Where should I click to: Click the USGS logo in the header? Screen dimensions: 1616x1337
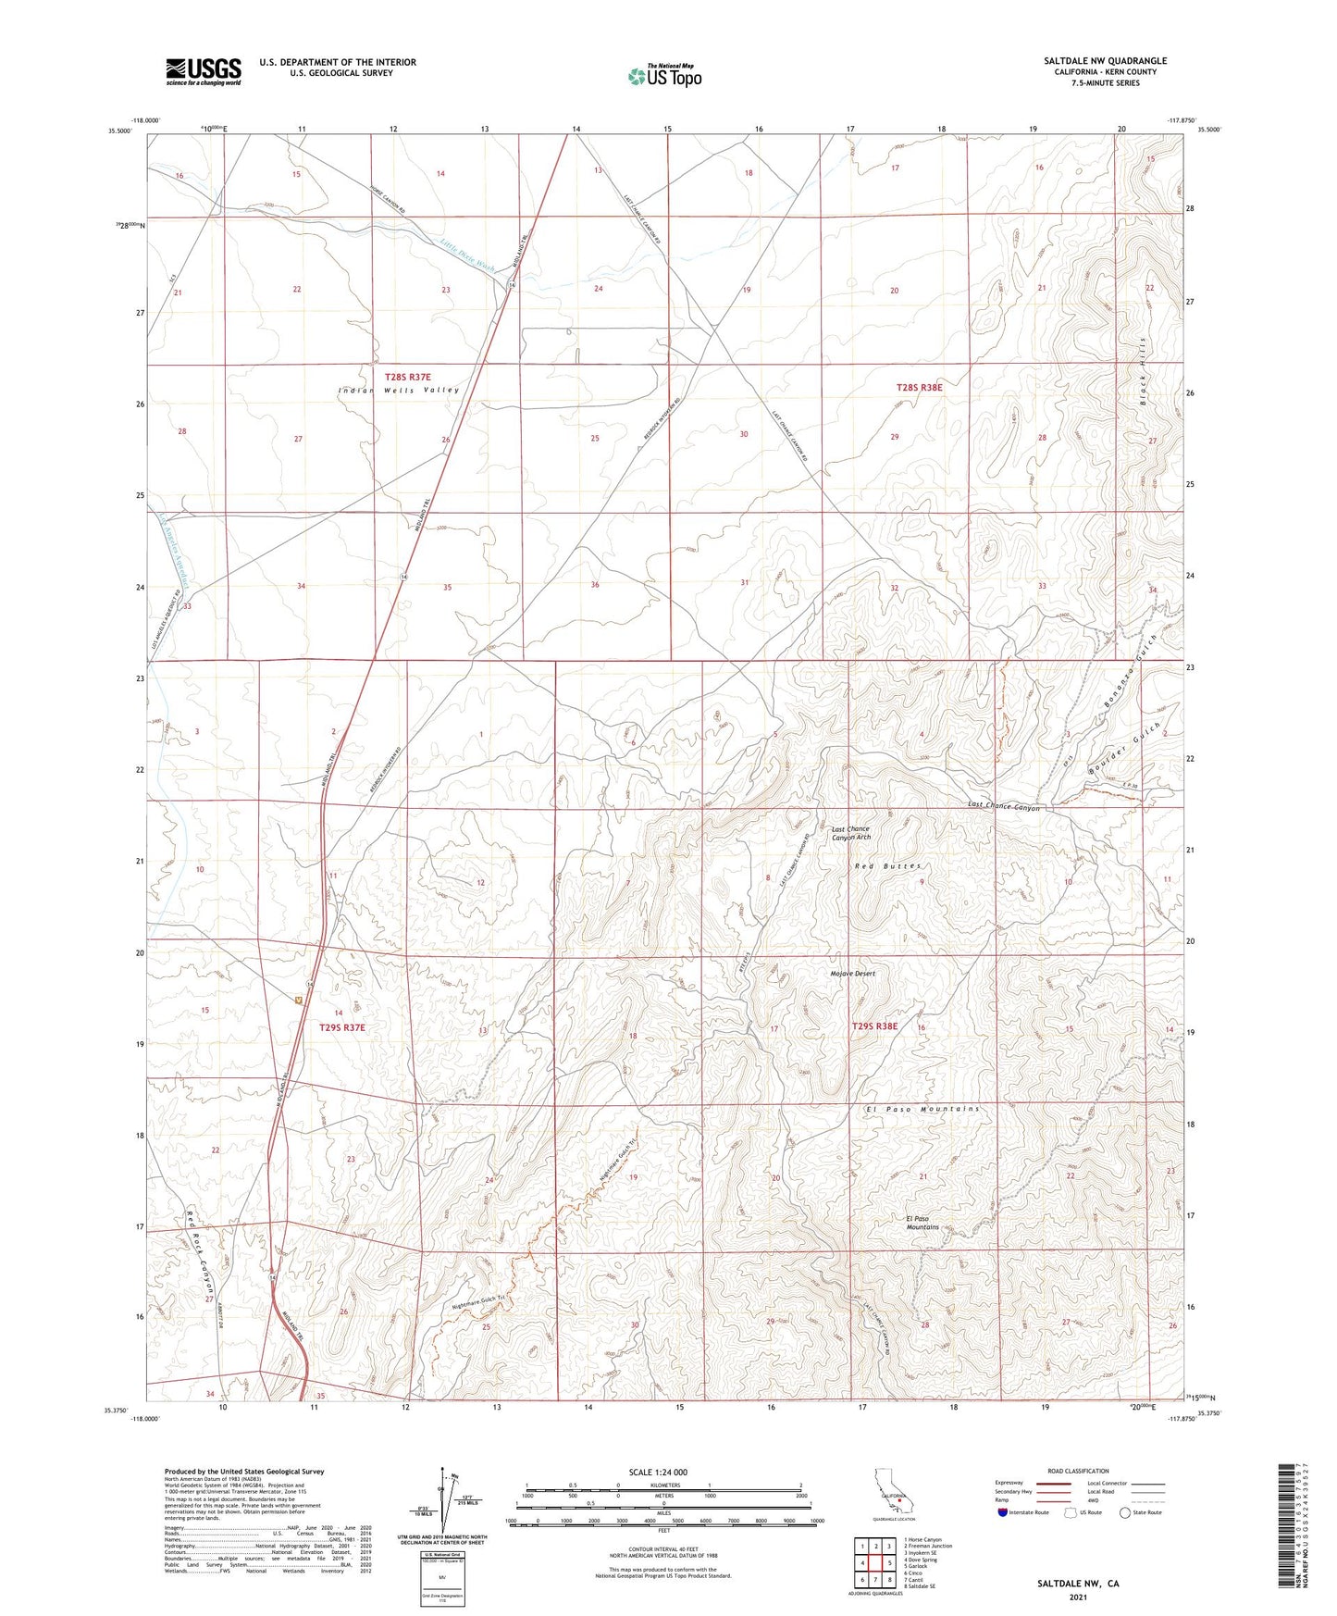pyautogui.click(x=204, y=71)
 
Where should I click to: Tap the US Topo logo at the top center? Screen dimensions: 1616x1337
pyautogui.click(x=664, y=76)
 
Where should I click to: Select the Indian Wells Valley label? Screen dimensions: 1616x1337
pyautogui.click(x=399, y=391)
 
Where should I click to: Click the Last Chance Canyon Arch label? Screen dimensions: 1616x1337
pyautogui.click(x=850, y=833)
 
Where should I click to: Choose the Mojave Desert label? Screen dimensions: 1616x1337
pyautogui.click(x=851, y=974)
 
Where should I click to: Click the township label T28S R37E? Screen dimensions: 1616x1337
pyautogui.click(x=408, y=377)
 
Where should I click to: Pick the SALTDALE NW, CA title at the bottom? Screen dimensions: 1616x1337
pyautogui.click(x=1078, y=1584)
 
